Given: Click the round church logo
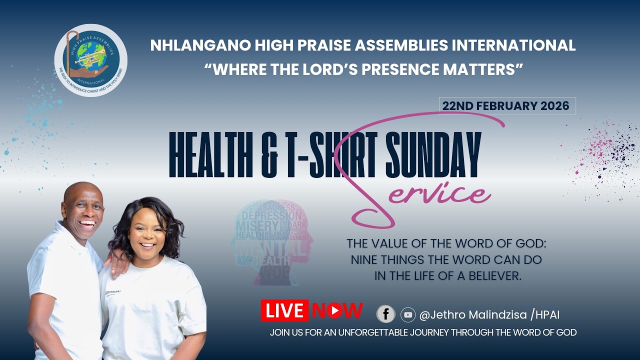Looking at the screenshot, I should [x=90, y=60].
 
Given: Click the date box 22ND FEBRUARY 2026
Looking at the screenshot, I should [x=507, y=106].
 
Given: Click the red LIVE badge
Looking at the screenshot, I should [x=284, y=310].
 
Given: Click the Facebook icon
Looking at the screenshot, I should [x=385, y=314].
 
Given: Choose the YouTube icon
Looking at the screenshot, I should [x=408, y=314].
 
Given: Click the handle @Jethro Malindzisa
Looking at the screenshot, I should [x=473, y=315].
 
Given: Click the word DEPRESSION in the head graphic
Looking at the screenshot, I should [x=271, y=216].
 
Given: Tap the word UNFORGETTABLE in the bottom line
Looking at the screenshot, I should [x=382, y=332].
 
